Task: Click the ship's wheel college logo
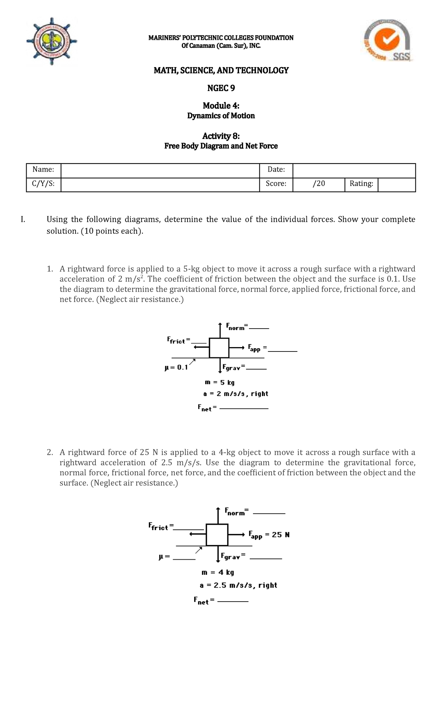(x=52, y=41)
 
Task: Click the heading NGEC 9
(x=221, y=88)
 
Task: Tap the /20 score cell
(x=319, y=183)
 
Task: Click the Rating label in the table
(x=361, y=183)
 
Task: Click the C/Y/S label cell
(x=43, y=183)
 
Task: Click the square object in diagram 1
(x=219, y=348)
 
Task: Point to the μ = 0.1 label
(x=176, y=367)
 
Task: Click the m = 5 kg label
(x=220, y=382)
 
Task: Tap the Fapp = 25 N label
(x=269, y=535)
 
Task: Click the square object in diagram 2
(x=217, y=535)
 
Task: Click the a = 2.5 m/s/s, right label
(x=238, y=585)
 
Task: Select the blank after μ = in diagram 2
(x=184, y=560)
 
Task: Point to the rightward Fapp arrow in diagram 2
(x=236, y=534)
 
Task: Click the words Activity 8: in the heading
(x=221, y=136)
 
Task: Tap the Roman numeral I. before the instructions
(x=23, y=220)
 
